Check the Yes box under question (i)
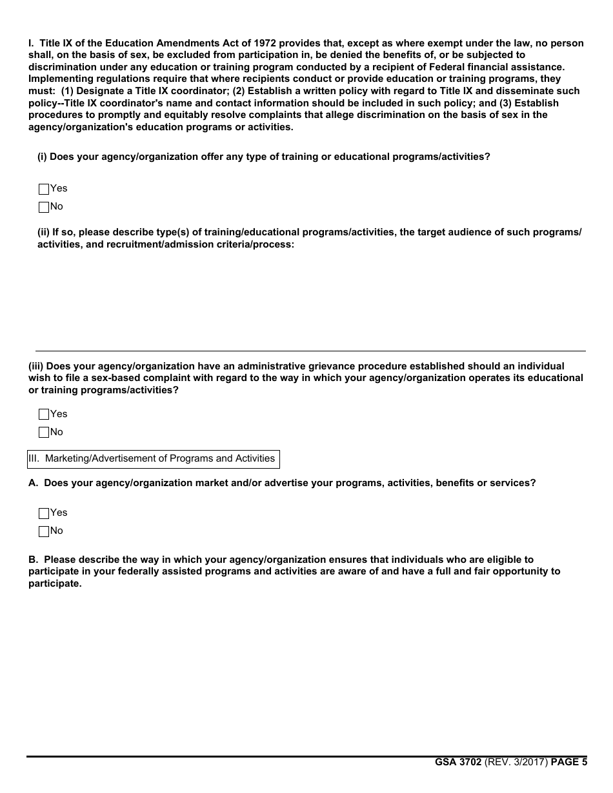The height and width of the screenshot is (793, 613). (x=44, y=189)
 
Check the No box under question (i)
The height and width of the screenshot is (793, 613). (x=44, y=207)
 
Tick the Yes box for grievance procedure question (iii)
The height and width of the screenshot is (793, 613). (x=44, y=415)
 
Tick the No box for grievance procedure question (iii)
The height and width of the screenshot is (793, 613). (x=44, y=433)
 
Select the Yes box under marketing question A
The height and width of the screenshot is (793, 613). (x=44, y=513)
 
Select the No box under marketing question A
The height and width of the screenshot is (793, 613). (x=44, y=531)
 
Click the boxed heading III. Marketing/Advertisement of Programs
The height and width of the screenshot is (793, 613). (x=154, y=458)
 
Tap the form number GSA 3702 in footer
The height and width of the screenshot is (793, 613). (x=458, y=762)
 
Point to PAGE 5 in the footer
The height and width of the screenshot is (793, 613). (x=569, y=762)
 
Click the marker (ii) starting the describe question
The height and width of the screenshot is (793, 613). (x=43, y=232)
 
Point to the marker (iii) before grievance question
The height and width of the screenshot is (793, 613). (x=36, y=366)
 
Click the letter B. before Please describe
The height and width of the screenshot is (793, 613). (x=34, y=560)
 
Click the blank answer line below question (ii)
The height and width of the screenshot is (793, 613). (x=310, y=350)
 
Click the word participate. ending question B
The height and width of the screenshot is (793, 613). (x=55, y=583)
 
